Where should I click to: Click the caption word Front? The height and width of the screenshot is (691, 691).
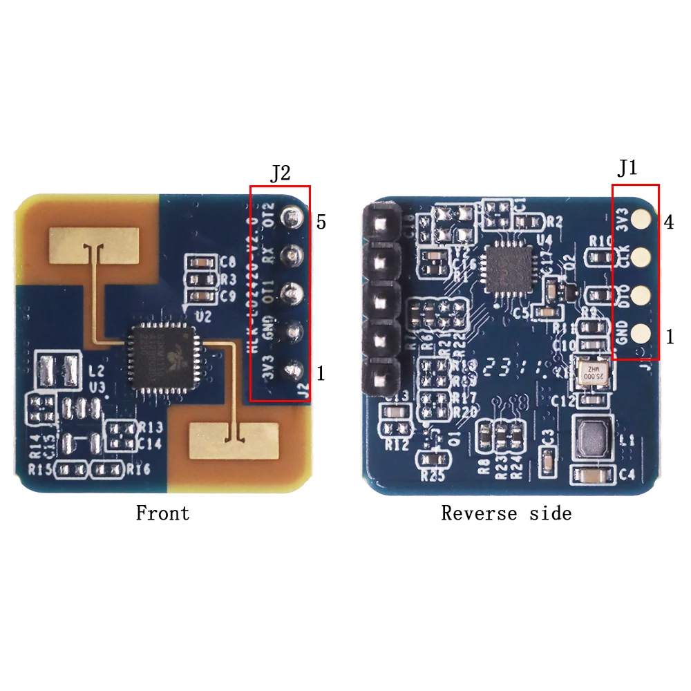[x=162, y=513]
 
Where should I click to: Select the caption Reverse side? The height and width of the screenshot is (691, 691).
[x=506, y=513]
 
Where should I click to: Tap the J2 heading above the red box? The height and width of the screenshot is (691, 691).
[x=280, y=173]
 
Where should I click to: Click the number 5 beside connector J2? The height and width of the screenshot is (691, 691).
[x=321, y=223]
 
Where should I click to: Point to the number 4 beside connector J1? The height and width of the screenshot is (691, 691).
[x=668, y=223]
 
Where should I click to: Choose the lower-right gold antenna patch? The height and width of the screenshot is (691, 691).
[x=235, y=440]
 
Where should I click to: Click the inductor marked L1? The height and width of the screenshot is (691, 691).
[x=595, y=437]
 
